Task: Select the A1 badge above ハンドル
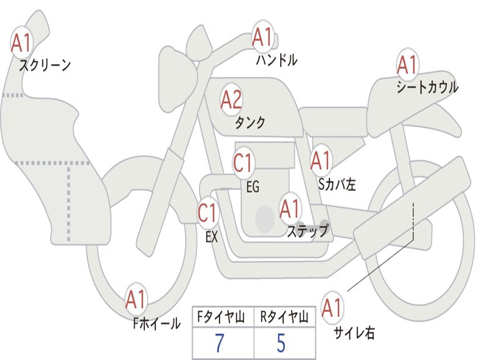(262, 37)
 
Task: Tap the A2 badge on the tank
(231, 99)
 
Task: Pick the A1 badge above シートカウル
(407, 65)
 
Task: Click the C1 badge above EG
(243, 164)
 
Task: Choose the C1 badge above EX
(208, 213)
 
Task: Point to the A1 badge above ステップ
(290, 209)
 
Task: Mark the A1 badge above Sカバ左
(321, 161)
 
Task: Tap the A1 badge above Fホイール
(136, 300)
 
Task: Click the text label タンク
(250, 123)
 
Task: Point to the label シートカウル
(427, 88)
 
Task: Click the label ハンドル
(277, 60)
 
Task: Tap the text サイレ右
(354, 333)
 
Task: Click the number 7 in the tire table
(220, 344)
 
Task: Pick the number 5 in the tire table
(281, 344)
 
